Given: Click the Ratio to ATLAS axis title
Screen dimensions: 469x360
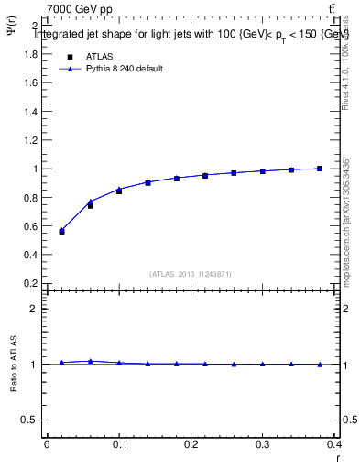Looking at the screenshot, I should pos(14,365).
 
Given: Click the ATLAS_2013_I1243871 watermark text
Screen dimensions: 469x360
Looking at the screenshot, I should pos(191,274).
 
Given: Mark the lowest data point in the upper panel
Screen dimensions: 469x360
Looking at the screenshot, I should pos(61,231).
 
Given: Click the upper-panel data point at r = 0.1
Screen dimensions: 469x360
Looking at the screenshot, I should pos(119,191).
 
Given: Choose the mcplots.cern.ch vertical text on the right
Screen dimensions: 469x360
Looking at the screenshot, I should pos(346,220).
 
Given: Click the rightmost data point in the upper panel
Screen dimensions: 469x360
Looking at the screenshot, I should pos(320,169).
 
